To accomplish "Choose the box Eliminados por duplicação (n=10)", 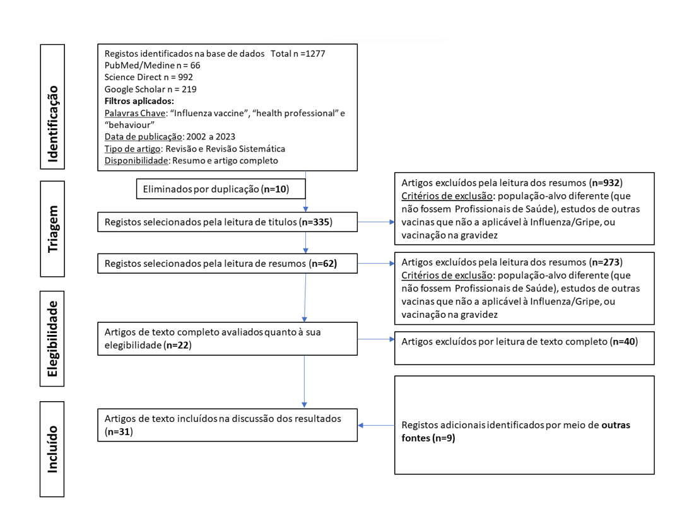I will [213, 188].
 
